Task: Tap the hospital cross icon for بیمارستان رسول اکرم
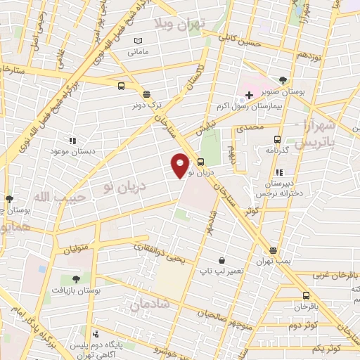pos(249,94)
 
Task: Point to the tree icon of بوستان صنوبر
pos(283,80)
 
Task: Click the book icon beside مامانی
pos(138,41)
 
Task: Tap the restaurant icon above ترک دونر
pos(146,94)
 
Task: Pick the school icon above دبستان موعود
pos(73,141)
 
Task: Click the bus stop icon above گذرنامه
pos(277,139)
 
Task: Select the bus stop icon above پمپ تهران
pos(274,250)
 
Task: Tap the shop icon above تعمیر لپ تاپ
pos(222,260)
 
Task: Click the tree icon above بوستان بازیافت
pos(76,279)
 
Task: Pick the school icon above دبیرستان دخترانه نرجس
pos(280,172)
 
